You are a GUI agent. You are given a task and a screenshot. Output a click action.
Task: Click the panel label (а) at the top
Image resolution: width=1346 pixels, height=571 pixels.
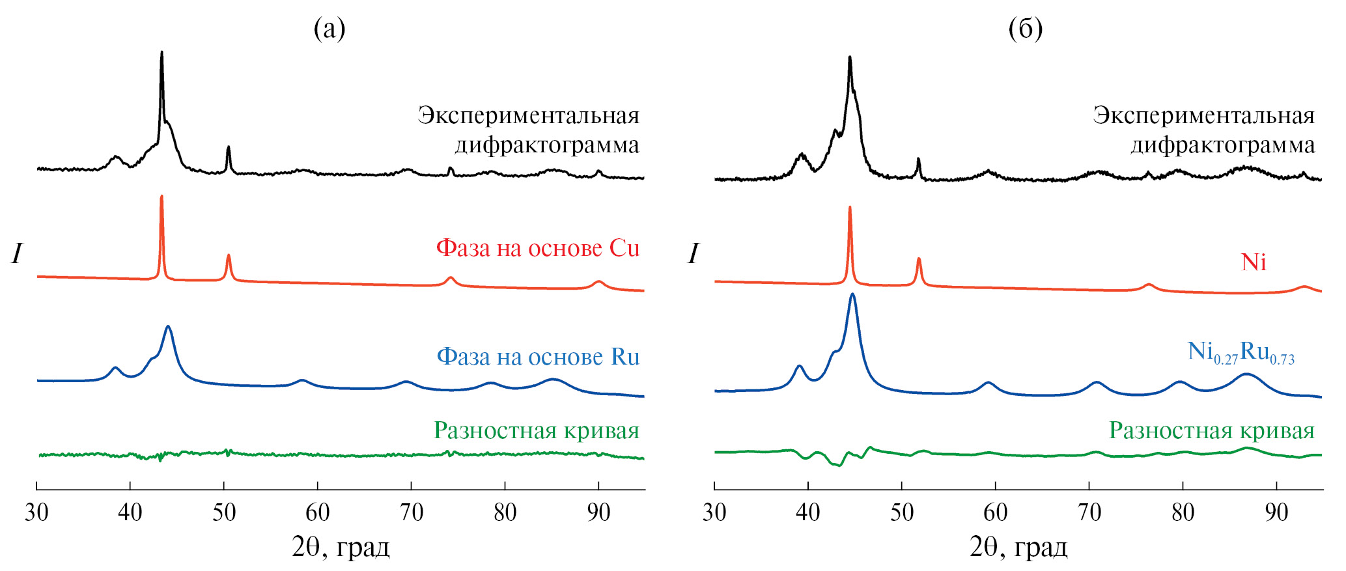(329, 29)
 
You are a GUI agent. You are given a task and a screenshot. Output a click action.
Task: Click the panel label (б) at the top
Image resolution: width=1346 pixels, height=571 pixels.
(1025, 29)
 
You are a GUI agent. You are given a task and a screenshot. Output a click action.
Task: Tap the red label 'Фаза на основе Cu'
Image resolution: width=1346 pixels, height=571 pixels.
(537, 248)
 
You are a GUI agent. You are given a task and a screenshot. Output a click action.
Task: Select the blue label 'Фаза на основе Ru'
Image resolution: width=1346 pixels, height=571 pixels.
(537, 357)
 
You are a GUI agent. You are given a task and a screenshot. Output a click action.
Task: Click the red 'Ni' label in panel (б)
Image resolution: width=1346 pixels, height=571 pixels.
(1254, 262)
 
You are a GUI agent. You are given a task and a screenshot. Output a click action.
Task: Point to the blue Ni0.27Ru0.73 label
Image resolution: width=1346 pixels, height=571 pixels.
(1241, 352)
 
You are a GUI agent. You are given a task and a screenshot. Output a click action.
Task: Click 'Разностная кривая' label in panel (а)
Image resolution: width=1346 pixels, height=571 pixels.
(537, 430)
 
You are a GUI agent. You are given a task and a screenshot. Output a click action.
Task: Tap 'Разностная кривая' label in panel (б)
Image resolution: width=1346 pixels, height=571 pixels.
(1212, 430)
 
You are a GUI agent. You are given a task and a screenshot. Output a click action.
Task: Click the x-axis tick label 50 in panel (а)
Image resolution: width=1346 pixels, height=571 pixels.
(224, 513)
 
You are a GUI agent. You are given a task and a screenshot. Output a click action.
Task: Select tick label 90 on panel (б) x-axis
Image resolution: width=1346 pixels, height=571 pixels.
(1276, 513)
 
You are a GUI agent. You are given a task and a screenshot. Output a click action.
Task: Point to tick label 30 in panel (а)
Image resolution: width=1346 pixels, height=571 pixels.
(36, 513)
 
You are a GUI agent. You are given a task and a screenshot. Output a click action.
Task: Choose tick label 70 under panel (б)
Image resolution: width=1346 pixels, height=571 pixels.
(1089, 513)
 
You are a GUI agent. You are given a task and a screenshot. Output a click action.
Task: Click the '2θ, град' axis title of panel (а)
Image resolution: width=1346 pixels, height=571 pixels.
(341, 548)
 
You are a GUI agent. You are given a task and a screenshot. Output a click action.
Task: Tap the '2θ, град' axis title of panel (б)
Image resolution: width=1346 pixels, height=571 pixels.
(1018, 548)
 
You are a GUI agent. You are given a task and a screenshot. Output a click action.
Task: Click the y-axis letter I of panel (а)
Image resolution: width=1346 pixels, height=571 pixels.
(17, 253)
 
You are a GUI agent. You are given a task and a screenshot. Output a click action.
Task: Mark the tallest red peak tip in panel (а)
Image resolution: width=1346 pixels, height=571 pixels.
(161, 196)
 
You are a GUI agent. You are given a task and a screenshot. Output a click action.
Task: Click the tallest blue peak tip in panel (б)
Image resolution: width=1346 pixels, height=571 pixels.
(852, 294)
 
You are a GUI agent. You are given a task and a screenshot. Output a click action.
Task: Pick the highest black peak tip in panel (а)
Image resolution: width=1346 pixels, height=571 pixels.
(161, 52)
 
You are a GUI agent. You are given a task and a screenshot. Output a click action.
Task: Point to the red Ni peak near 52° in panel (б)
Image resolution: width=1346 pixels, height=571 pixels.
(919, 258)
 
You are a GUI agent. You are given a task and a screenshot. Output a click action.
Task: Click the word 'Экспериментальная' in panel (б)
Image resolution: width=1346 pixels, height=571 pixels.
(1203, 115)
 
